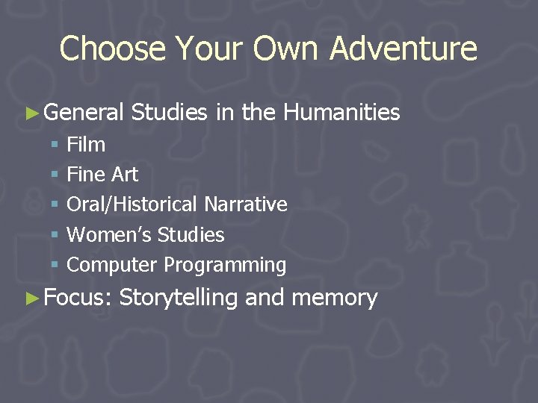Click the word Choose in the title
coord(113,49)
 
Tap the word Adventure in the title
coord(403,49)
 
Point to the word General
coord(84,113)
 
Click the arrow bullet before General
coord(31,113)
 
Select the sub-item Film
coord(86,145)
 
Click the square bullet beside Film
coord(55,145)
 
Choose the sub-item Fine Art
coord(102,175)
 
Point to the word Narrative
coord(246,204)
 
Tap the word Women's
coord(109,235)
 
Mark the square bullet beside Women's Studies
coord(55,235)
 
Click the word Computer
coord(112,265)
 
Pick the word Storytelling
coord(178,298)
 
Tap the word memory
coord(335,298)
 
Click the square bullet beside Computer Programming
coord(55,265)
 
